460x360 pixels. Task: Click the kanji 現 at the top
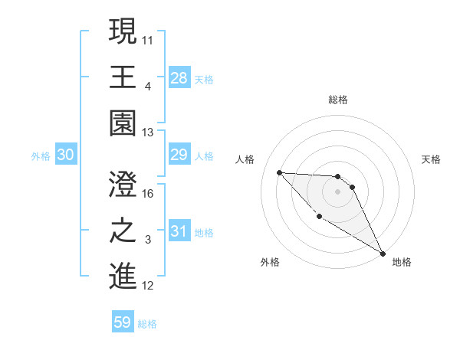coord(123,33)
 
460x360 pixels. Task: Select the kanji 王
coord(123,78)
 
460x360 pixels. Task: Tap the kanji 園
coord(123,123)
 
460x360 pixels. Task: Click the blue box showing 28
coord(179,77)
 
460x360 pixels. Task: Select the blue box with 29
coord(179,155)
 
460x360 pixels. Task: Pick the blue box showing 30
coord(65,155)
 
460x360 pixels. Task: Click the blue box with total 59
coord(123,322)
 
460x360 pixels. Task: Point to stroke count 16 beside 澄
coord(149,193)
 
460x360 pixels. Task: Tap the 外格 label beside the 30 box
coord(41,156)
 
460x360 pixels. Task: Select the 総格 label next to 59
coord(147,324)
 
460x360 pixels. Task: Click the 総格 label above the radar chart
coord(337,100)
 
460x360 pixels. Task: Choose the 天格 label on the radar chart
coord(431,159)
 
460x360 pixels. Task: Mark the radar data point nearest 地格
coord(383,253)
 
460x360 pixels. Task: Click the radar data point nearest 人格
coord(279,172)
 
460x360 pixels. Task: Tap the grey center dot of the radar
coord(337,192)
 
